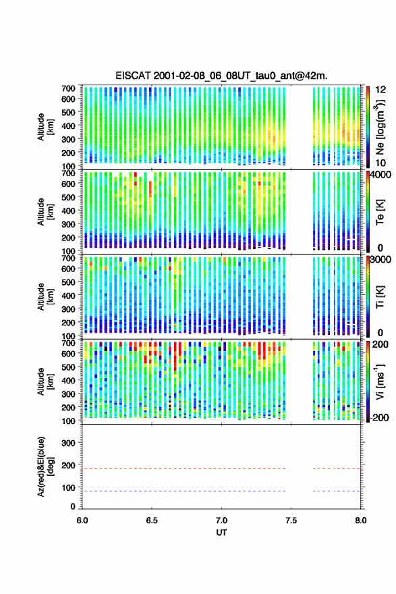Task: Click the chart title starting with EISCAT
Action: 221,76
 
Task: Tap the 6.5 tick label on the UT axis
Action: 152,520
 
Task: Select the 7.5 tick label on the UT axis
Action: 291,520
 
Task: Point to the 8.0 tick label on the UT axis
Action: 361,520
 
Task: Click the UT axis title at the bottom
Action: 221,533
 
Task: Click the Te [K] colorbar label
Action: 380,212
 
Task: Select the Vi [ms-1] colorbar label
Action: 380,381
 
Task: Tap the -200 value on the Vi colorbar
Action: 379,417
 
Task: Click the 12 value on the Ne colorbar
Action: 381,90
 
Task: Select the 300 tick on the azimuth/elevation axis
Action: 68,443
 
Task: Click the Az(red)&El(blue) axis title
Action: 45,466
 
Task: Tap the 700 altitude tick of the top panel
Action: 68,88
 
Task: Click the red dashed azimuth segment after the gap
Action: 337,468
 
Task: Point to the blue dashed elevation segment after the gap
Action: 337,491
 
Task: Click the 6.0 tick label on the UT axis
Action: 82,520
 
